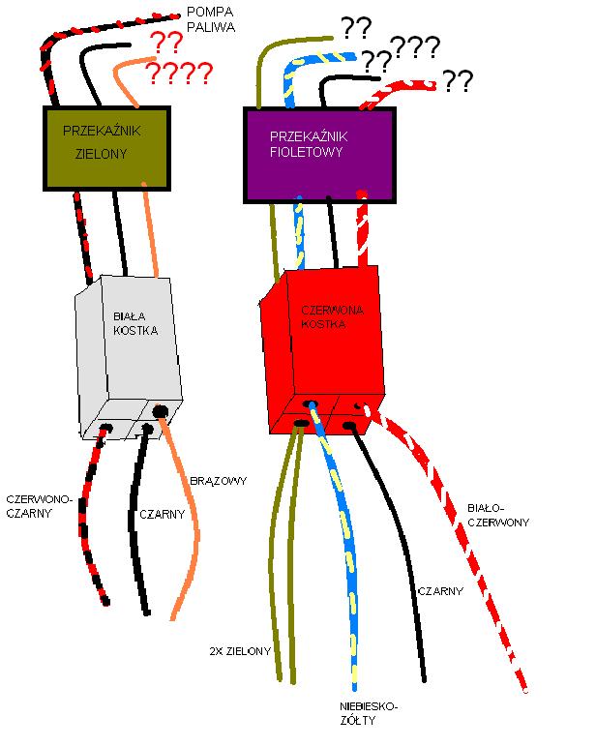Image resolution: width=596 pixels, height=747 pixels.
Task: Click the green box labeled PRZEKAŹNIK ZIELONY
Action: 106,149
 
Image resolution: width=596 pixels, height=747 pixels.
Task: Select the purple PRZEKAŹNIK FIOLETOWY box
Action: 319,156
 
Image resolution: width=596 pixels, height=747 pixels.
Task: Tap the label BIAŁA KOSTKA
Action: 135,323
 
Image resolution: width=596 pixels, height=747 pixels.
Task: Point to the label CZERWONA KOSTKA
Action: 332,316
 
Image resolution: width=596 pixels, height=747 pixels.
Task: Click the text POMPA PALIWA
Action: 211,19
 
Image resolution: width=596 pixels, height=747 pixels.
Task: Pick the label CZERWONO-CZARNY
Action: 39,506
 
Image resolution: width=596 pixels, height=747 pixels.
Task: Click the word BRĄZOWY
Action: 219,481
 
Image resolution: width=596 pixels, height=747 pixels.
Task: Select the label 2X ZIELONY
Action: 240,651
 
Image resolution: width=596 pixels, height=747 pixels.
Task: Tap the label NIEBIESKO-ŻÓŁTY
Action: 369,713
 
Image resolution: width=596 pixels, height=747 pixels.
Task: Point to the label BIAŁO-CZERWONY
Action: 498,516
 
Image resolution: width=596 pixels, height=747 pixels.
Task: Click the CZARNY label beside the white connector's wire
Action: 162,515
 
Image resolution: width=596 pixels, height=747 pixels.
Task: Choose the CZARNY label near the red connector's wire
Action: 440,591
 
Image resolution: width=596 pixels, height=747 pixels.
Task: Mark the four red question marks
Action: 179,73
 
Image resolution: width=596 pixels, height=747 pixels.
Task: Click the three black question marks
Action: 415,47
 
